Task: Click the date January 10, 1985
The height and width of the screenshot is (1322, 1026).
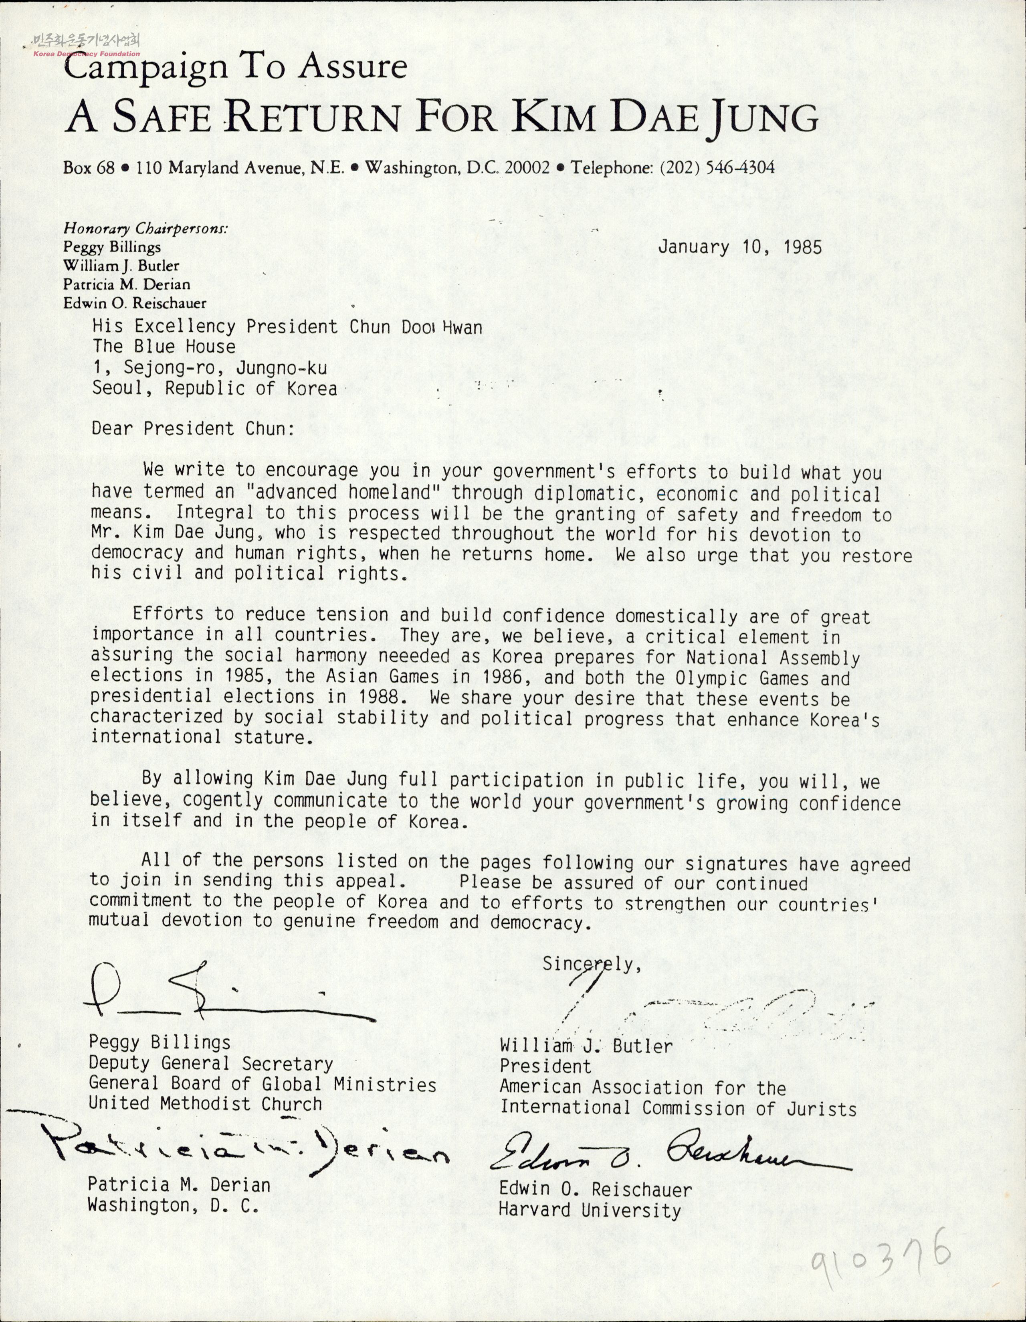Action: click(x=739, y=247)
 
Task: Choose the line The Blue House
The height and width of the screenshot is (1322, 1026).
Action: click(x=164, y=347)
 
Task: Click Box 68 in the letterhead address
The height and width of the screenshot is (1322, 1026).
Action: click(x=88, y=167)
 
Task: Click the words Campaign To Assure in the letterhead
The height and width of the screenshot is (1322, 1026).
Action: click(x=235, y=67)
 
